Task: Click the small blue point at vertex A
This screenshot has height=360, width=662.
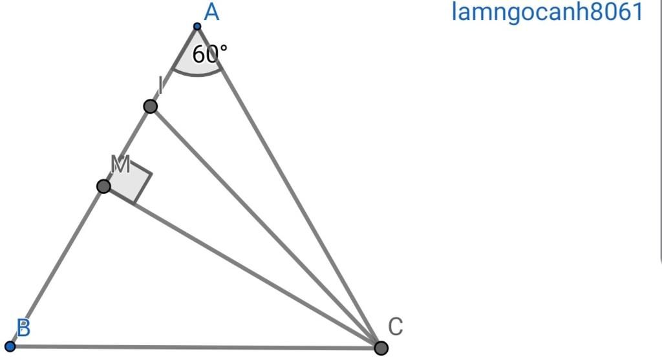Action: point(197,26)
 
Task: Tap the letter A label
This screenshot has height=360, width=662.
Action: point(211,12)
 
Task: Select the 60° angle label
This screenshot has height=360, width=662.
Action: point(209,54)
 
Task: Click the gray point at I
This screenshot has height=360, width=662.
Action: point(150,107)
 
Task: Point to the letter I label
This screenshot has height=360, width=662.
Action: point(160,85)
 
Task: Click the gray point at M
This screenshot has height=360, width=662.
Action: point(103,186)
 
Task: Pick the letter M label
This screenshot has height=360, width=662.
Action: point(120,164)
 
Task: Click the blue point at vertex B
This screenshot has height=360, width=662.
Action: point(10,346)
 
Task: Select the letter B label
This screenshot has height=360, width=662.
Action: point(24,328)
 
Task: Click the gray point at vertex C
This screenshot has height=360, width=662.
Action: point(381,348)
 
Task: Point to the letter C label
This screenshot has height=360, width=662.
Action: point(395,326)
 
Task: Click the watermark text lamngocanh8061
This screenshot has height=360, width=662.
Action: point(547,12)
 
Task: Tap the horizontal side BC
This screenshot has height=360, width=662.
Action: point(195,347)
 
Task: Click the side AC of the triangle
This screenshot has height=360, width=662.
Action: point(289,187)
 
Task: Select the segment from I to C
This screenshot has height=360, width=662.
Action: point(266,227)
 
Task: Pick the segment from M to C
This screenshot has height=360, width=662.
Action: point(242,267)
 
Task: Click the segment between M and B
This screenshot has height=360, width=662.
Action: point(57,266)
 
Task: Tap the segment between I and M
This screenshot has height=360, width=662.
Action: point(127,146)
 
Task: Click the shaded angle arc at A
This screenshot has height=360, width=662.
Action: point(197,74)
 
